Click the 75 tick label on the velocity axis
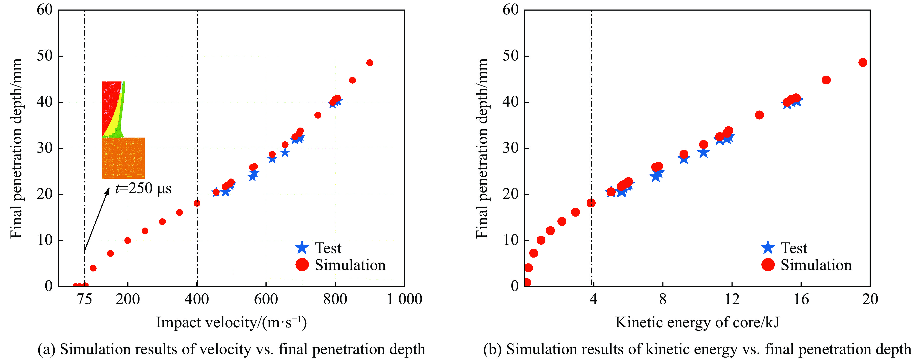point(84,299)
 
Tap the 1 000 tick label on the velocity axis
point(404,299)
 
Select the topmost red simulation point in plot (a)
point(370,63)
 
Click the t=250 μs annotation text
point(143,189)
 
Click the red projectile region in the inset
point(110,107)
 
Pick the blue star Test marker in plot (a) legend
point(302,248)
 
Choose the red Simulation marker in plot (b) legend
point(768,265)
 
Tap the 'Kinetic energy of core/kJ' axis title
point(697,322)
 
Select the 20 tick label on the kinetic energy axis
point(870,299)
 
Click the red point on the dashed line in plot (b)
point(591,203)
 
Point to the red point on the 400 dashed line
point(197,203)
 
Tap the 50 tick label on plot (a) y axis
point(45,56)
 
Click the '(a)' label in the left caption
point(46,349)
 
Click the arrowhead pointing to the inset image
point(107,190)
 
